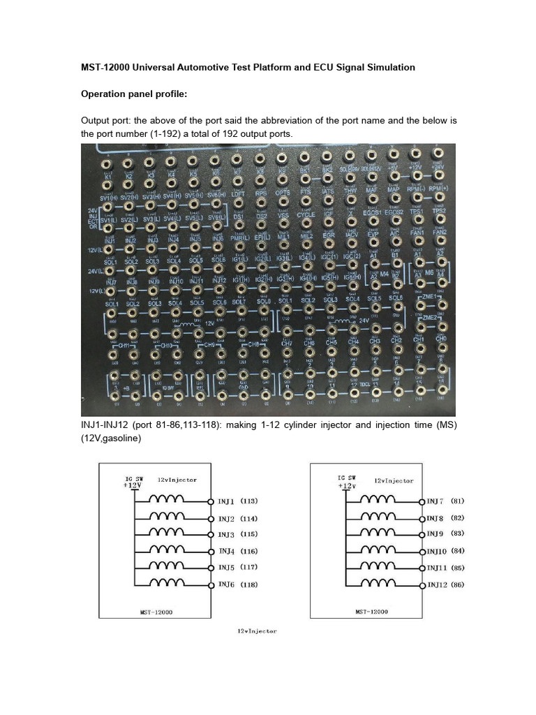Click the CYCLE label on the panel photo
306,215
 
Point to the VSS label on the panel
283,216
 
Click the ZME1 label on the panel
429,297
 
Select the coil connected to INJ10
378,550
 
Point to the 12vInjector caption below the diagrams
257,631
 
